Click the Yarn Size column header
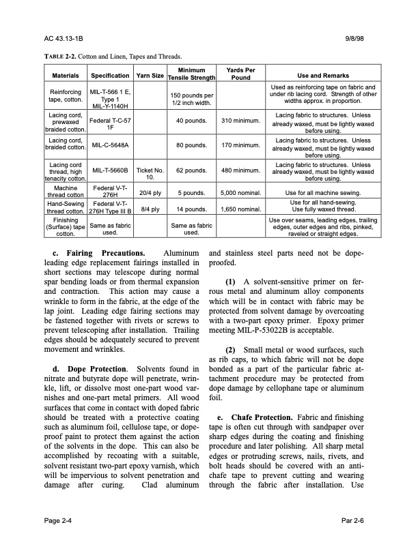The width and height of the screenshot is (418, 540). [150, 75]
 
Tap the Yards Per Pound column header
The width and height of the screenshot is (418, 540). [240, 74]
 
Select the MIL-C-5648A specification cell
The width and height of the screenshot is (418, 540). [110, 145]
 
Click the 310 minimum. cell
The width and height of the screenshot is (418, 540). [240, 121]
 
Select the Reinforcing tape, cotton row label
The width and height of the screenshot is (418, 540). [66, 95]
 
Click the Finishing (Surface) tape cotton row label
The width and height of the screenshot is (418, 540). [66, 226]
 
